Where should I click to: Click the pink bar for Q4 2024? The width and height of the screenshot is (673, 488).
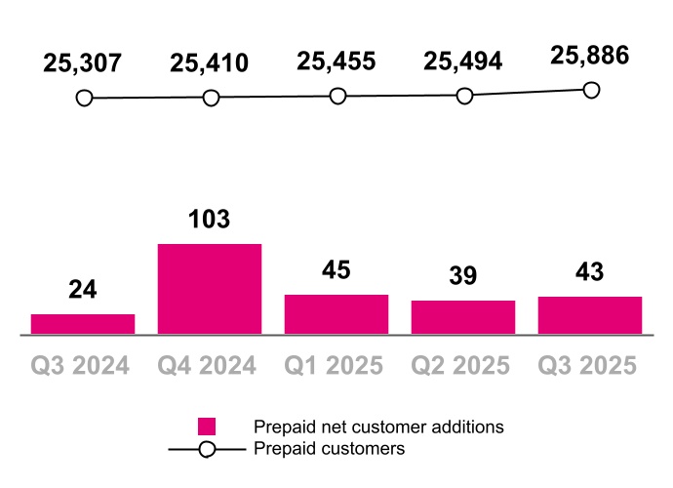click(210, 289)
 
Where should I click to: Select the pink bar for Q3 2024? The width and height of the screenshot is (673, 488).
click(83, 324)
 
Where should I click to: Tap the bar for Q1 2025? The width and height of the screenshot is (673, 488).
click(336, 314)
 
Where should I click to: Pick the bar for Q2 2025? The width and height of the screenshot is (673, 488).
click(463, 317)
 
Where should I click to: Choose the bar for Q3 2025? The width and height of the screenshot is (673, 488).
click(590, 315)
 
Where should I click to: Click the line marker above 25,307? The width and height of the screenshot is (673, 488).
click(84, 99)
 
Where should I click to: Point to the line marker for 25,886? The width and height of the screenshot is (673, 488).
click(590, 90)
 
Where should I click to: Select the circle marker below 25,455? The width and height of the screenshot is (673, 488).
click(337, 96)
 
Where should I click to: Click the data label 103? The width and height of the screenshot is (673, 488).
click(210, 219)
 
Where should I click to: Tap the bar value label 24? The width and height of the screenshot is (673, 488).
click(83, 289)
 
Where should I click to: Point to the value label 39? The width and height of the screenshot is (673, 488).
click(463, 276)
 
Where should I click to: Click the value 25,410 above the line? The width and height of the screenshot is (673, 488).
click(210, 63)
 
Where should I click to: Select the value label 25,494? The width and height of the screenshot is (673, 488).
click(463, 61)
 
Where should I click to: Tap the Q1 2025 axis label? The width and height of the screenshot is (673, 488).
click(336, 365)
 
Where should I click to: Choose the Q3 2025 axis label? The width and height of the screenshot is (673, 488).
click(589, 365)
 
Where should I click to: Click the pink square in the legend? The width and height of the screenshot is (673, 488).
click(207, 427)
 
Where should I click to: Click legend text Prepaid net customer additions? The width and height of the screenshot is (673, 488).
click(378, 427)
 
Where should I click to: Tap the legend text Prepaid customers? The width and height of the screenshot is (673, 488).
click(329, 449)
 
